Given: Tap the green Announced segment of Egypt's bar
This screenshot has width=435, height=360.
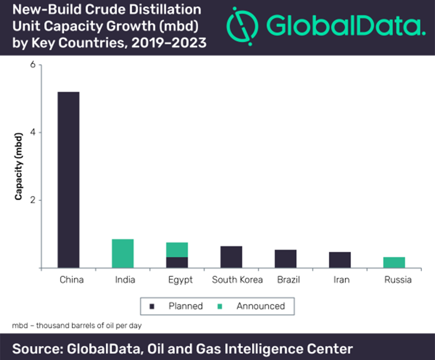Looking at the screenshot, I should pyautogui.click(x=177, y=249).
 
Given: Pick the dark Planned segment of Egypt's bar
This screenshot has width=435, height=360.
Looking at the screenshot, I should pyautogui.click(x=177, y=262).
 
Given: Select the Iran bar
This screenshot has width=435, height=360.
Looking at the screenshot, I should pyautogui.click(x=340, y=260).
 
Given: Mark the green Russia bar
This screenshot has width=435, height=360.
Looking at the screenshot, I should pyautogui.click(x=394, y=262).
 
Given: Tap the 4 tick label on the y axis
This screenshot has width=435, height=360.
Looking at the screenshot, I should pyautogui.click(x=33, y=132).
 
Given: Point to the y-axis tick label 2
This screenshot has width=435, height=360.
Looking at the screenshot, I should pyautogui.click(x=33, y=200).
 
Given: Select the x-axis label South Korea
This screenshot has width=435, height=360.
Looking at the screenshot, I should pyautogui.click(x=238, y=280).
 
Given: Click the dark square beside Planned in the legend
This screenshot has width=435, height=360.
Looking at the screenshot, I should pyautogui.click(x=153, y=306).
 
